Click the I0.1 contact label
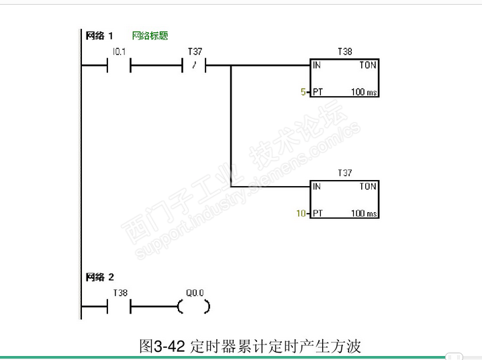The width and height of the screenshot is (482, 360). click(119, 52)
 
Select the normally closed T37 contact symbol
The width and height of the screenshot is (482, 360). click(194, 65)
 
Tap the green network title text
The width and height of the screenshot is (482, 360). click(150, 36)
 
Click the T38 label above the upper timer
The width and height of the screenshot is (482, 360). click(344, 51)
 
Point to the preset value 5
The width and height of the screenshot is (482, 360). click(303, 91)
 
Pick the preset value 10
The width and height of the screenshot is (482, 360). click(301, 213)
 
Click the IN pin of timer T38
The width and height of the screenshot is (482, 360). click(317, 65)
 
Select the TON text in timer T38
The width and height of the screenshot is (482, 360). click(368, 65)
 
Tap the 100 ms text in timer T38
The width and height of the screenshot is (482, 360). click(364, 91)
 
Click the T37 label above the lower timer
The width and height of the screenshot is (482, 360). click(344, 173)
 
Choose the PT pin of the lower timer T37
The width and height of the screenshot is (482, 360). click(318, 213)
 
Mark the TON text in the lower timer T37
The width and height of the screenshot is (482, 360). click(368, 186)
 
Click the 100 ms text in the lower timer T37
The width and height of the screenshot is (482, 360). click(364, 213)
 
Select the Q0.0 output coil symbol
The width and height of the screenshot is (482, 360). click(194, 306)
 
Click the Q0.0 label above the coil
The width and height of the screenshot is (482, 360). click(195, 293)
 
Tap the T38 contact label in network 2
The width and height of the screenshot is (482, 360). click(120, 293)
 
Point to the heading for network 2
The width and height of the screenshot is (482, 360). click(99, 277)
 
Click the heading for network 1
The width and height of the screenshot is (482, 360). click(99, 36)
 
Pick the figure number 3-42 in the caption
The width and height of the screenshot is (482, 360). click(169, 347)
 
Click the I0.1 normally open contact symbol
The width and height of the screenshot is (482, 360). click(119, 65)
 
